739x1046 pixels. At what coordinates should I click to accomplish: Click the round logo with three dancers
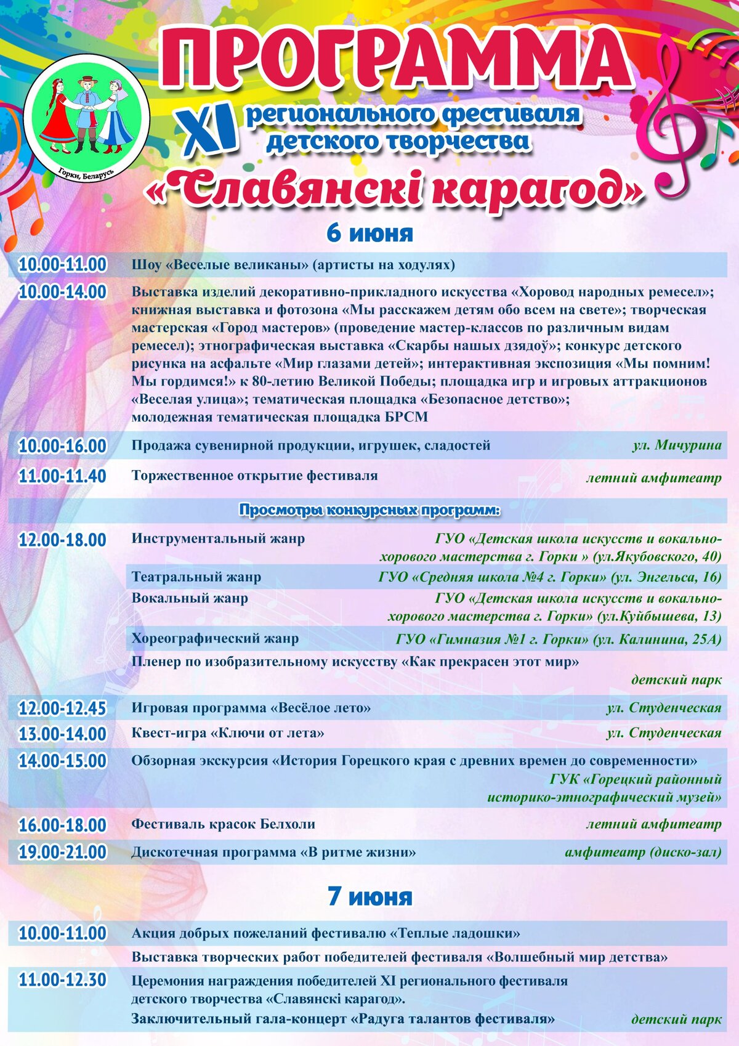(86, 116)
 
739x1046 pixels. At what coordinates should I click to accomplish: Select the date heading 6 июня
(369, 233)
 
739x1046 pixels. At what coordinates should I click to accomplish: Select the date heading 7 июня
(369, 896)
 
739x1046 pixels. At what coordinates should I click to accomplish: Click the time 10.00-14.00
(62, 292)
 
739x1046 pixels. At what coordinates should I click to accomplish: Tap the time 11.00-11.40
(62, 476)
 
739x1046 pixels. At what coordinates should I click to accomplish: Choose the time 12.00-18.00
(62, 540)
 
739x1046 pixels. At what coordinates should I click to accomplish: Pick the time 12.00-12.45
(62, 708)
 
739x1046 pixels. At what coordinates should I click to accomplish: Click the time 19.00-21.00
(62, 853)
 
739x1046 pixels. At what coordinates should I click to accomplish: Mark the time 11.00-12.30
(62, 980)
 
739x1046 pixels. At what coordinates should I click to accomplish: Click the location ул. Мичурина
(676, 445)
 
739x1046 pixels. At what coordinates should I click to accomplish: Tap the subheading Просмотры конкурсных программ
(369, 510)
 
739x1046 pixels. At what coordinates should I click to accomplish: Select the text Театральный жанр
(196, 577)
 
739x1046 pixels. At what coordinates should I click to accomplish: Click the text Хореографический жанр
(215, 639)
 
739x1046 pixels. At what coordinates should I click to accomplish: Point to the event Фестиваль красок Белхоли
(224, 824)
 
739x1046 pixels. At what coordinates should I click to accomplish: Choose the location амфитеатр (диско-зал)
(643, 853)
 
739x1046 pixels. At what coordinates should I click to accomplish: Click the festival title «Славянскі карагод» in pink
(394, 190)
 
